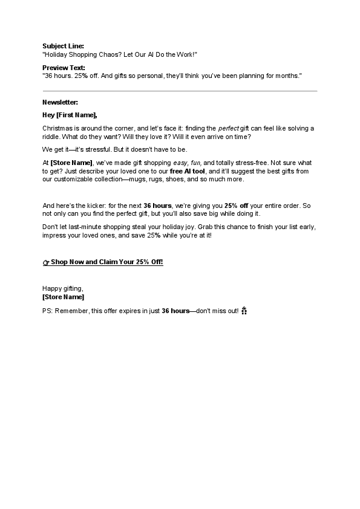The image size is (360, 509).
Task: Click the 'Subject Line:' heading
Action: [63, 46]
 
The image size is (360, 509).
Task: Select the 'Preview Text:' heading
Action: [64, 68]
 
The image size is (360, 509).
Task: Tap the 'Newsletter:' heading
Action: [61, 102]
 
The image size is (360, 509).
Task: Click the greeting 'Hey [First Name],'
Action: [70, 115]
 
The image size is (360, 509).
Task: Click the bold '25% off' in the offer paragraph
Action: [236, 206]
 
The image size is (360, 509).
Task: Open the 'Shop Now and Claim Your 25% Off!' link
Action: [107, 262]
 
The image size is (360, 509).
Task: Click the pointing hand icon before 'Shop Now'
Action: [46, 262]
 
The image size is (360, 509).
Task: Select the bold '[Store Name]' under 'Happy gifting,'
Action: [64, 297]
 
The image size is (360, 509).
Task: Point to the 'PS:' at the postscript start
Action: [48, 311]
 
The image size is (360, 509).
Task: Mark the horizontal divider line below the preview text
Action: [180, 91]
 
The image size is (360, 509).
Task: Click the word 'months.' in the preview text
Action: [287, 76]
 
